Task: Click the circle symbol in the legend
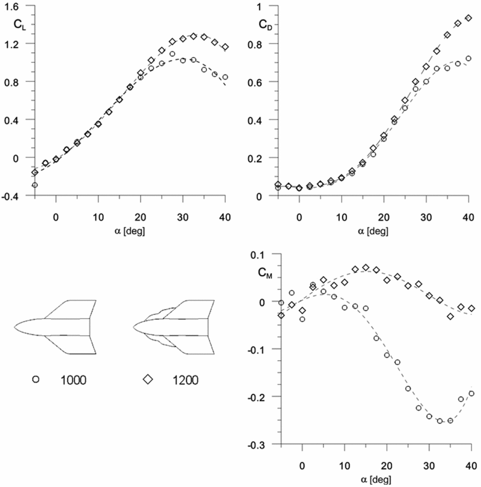coord(35,379)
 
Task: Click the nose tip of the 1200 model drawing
coord(134,327)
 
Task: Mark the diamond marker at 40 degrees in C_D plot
coord(468,18)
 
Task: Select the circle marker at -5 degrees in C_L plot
coord(35,184)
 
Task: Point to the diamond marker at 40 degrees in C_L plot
coord(225,47)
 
